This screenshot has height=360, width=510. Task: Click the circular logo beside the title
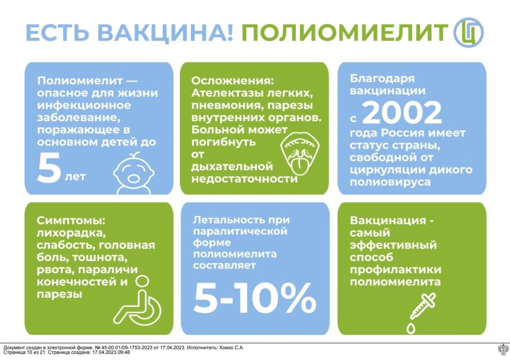pyautogui.click(x=468, y=32)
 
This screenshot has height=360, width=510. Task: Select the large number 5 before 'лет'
pyautogui.click(x=49, y=168)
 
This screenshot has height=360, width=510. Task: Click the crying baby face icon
pyautogui.click(x=133, y=174)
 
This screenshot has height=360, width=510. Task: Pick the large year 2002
pyautogui.click(x=402, y=113)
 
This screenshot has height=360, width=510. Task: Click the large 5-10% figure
pyautogui.click(x=255, y=298)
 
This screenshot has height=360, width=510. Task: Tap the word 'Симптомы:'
pyautogui.click(x=71, y=221)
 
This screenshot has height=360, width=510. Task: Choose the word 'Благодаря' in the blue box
pyautogui.click(x=382, y=79)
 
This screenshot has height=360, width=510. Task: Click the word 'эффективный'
pyautogui.click(x=393, y=245)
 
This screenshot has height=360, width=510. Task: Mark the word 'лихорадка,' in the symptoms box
pyautogui.click(x=72, y=234)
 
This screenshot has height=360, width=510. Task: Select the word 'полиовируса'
pyautogui.click(x=390, y=182)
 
